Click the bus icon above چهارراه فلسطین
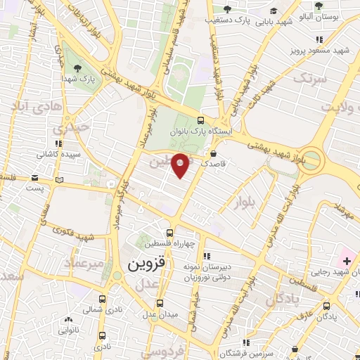point(169,233)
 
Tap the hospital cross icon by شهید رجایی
point(347,261)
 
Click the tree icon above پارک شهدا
point(77,68)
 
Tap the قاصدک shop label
point(214,162)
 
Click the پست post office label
point(34,188)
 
